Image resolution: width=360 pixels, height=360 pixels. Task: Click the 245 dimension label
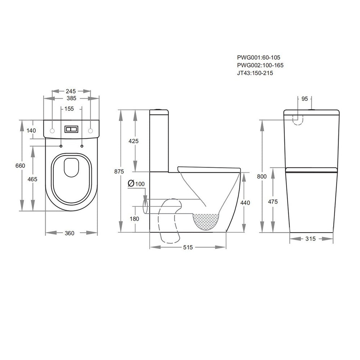(x=71, y=91)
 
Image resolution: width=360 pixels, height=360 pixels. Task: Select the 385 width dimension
(x=71, y=98)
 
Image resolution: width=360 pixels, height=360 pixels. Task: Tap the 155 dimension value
(x=70, y=108)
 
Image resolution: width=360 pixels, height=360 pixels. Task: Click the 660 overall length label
(x=20, y=166)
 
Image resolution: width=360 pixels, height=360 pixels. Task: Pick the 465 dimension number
(x=33, y=179)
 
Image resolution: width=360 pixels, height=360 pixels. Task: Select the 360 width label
(x=70, y=233)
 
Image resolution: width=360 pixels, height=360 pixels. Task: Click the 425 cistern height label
(x=133, y=141)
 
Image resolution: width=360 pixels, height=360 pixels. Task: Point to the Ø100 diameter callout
(x=136, y=184)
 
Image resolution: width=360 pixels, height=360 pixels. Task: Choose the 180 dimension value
(x=134, y=218)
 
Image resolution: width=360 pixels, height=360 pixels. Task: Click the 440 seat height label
(x=246, y=203)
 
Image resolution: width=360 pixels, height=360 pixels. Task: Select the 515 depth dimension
(x=188, y=247)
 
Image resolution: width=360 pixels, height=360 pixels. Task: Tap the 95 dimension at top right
(x=304, y=98)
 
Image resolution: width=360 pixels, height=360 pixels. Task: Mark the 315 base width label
(x=311, y=239)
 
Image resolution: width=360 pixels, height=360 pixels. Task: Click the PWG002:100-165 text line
(x=260, y=65)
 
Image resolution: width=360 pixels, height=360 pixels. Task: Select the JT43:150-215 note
(x=255, y=73)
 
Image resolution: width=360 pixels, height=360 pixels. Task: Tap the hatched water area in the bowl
(x=207, y=221)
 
